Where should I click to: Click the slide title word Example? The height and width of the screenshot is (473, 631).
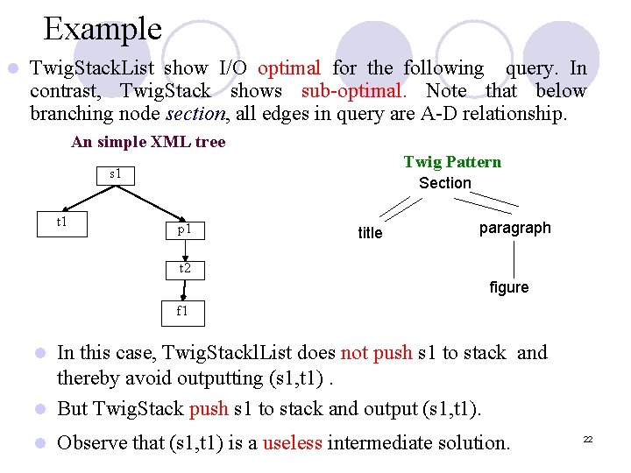[103, 29]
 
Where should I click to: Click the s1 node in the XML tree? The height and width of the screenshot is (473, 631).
[115, 174]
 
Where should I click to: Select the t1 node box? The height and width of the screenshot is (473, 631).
[62, 222]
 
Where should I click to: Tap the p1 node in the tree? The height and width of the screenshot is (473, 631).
[185, 229]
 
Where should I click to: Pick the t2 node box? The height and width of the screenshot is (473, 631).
[185, 269]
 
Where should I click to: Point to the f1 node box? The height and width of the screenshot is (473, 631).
[182, 311]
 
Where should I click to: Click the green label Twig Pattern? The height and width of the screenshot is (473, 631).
[452, 162]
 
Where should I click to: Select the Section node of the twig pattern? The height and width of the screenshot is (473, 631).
[445, 183]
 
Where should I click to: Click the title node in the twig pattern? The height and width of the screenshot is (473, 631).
[370, 233]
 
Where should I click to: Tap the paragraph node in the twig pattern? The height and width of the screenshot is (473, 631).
[515, 228]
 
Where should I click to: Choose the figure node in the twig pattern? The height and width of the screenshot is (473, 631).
[509, 287]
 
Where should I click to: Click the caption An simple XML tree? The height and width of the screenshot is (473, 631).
[148, 142]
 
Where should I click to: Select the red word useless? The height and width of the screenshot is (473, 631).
[292, 442]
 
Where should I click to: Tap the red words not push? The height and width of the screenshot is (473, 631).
[378, 353]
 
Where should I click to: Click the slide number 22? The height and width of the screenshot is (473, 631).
[588, 439]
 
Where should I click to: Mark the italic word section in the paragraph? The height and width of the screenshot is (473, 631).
[195, 114]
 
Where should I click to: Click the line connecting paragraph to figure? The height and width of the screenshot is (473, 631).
[513, 258]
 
